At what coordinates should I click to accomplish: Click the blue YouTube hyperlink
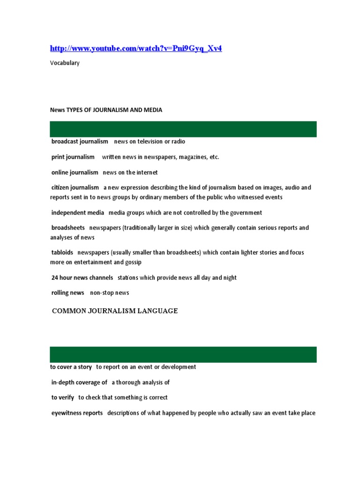(x=135, y=49)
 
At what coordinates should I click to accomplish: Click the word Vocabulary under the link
(x=65, y=63)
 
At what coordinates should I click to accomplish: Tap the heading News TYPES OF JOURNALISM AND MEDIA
(x=106, y=110)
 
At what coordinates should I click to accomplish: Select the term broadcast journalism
(x=80, y=142)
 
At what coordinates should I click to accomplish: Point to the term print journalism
(x=73, y=157)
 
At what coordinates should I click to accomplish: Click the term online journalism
(x=75, y=172)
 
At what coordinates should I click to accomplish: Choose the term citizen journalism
(x=75, y=187)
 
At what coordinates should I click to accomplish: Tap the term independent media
(x=78, y=213)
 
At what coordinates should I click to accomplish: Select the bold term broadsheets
(x=68, y=228)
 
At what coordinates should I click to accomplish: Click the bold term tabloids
(x=62, y=253)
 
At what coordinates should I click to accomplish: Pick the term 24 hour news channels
(x=82, y=278)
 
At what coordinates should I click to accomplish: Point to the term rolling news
(x=68, y=293)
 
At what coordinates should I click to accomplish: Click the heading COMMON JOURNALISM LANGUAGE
(x=115, y=311)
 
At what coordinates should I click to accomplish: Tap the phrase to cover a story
(x=71, y=367)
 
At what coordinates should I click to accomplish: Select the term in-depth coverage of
(x=79, y=382)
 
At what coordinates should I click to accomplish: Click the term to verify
(x=63, y=397)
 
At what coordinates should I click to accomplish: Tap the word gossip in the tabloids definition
(x=132, y=262)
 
